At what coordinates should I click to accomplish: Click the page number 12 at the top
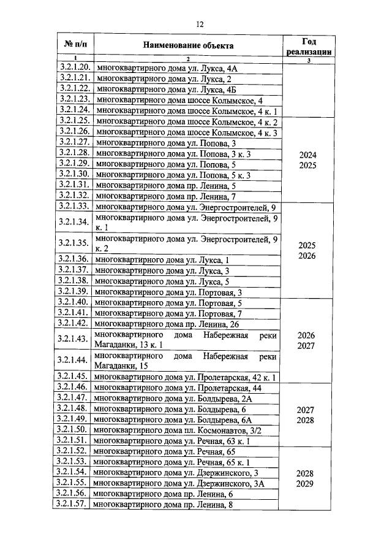(x=200, y=25)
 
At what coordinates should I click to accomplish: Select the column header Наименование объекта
(x=189, y=45)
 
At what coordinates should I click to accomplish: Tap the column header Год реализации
(x=309, y=45)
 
